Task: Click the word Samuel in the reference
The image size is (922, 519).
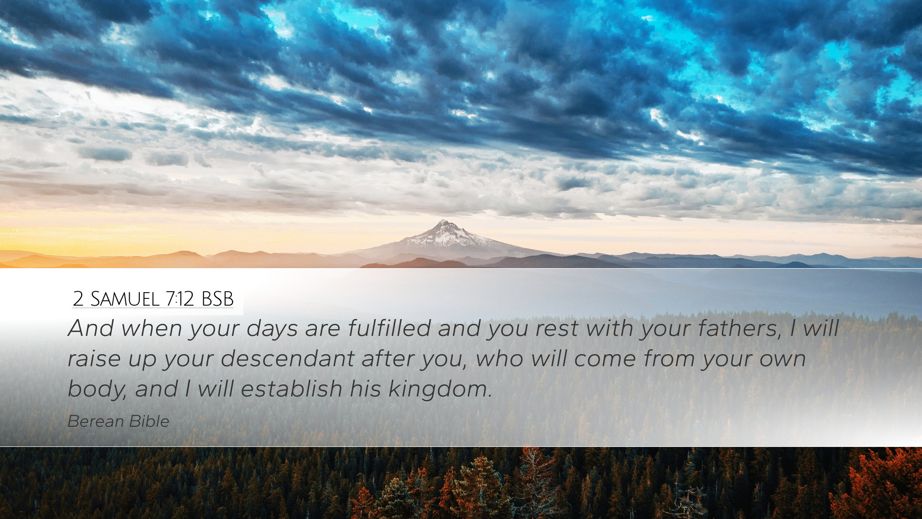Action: [124, 299]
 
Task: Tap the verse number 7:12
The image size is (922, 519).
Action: [180, 299]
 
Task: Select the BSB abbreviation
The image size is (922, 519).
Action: [217, 299]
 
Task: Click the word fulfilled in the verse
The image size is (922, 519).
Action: [389, 328]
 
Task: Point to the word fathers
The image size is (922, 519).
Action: [740, 329]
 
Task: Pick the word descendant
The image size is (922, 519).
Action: [287, 358]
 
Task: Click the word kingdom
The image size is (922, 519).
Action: [440, 389]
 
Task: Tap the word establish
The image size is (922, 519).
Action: [291, 388]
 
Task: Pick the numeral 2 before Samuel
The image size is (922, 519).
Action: [78, 299]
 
